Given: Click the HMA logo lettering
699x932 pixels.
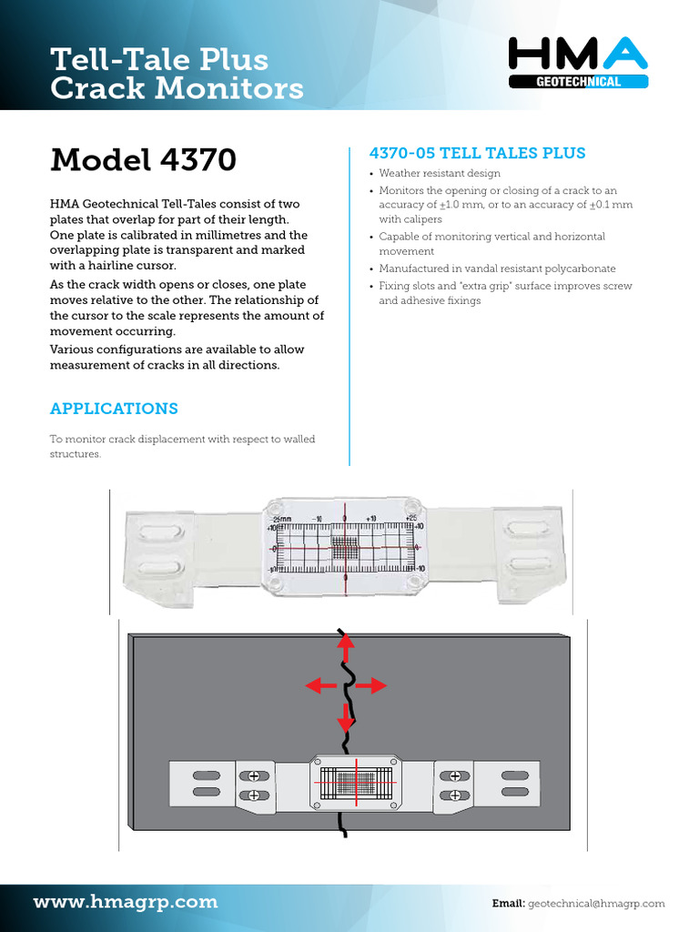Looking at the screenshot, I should click(x=578, y=56).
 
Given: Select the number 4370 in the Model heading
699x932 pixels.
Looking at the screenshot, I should click(x=198, y=160).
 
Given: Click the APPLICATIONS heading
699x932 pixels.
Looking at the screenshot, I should click(x=114, y=409).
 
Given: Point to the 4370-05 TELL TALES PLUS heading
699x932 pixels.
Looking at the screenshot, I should click(x=475, y=153).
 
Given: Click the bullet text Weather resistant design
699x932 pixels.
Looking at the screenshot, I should click(x=439, y=174).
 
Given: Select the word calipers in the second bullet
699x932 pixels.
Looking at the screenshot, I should click(x=423, y=219).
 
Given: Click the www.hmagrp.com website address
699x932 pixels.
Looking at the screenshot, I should click(x=126, y=902).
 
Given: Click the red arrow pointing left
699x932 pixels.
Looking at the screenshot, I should click(x=319, y=685).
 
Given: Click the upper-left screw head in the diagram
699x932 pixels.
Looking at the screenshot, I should click(x=254, y=775).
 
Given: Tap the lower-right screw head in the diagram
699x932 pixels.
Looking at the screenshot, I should click(x=452, y=795).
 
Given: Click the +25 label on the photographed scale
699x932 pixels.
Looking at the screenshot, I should click(x=411, y=518).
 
